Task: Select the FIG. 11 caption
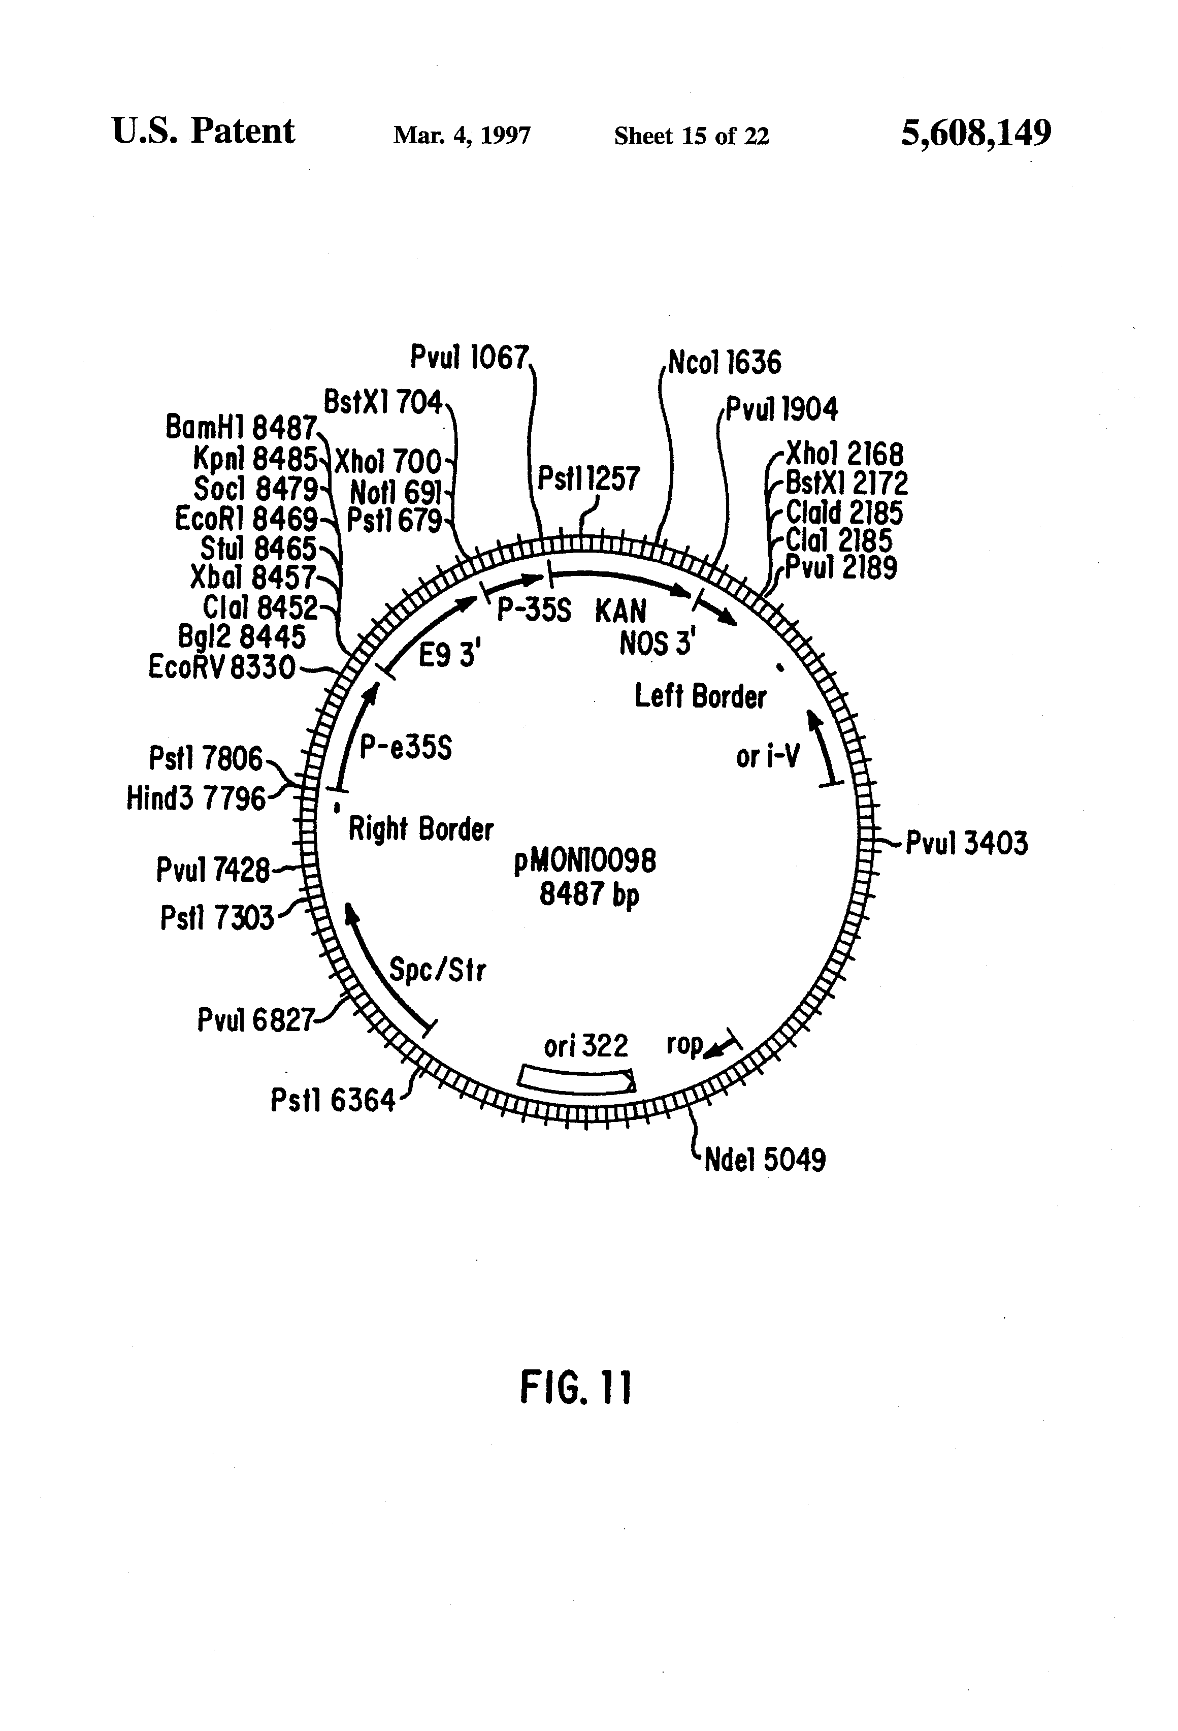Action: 576,1387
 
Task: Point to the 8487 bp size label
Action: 589,894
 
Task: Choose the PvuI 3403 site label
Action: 966,844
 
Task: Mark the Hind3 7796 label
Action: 196,798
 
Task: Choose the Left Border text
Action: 700,696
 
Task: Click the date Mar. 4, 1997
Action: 462,136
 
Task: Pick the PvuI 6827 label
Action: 255,1020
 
